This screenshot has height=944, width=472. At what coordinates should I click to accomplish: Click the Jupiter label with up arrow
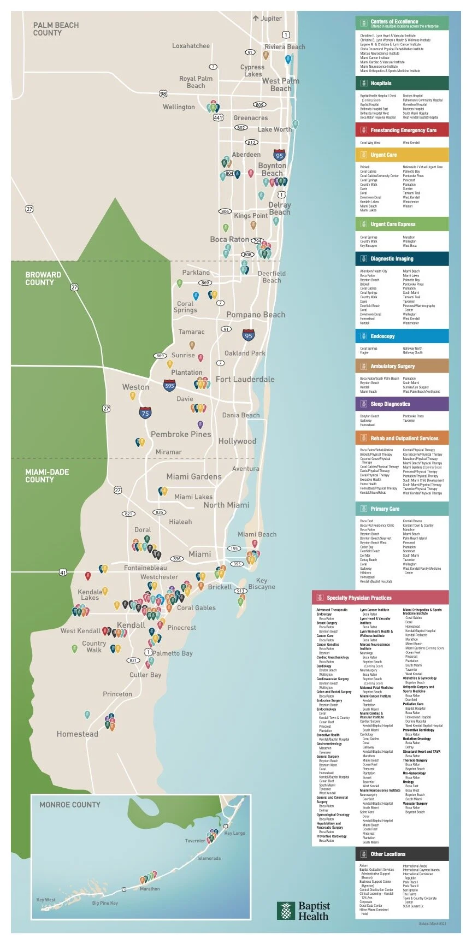tap(267, 18)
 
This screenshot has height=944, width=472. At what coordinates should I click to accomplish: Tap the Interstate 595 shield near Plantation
tap(169, 386)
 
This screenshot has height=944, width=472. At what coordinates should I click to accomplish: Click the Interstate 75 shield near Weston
tap(145, 413)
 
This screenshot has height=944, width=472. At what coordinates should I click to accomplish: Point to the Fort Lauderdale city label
tap(245, 379)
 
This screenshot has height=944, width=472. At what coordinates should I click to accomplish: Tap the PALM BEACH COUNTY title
tap(56, 29)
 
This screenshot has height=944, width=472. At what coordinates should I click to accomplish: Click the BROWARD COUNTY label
tap(43, 279)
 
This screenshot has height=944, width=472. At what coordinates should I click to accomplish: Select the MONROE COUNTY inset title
tap(69, 805)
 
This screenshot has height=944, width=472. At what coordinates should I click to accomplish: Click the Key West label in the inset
tap(46, 900)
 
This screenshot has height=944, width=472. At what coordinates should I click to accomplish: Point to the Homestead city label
tap(78, 734)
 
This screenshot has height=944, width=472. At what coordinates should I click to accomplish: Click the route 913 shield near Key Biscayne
tap(240, 591)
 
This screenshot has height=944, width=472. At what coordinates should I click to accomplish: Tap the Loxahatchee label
tap(191, 46)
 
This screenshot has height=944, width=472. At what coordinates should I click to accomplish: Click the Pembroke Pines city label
tap(181, 434)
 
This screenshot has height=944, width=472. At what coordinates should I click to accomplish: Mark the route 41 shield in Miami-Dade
tap(63, 573)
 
